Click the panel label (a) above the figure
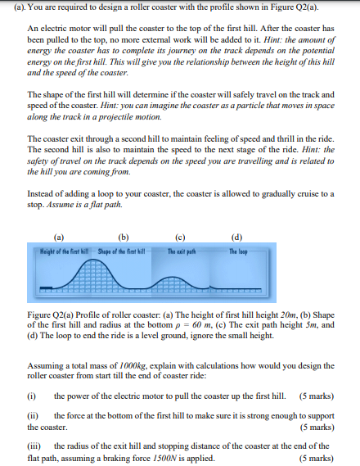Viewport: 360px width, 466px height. [58, 239]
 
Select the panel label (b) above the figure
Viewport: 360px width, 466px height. [123, 239]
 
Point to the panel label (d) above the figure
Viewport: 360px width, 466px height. [236, 239]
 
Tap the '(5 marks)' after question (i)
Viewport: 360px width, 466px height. [316, 396]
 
